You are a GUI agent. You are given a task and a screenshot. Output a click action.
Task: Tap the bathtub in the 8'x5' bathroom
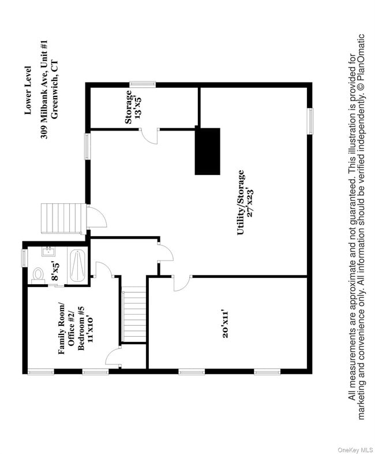pyautogui.click(x=77, y=266)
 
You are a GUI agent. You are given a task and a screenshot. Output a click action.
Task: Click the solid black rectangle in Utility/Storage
pyautogui.click(x=208, y=151)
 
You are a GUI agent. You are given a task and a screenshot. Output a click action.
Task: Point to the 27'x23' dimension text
pyautogui.click(x=250, y=202)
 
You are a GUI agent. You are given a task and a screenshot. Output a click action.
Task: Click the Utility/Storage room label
pyautogui.click(x=241, y=203)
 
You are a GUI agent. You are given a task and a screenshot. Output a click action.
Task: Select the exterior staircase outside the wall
pyautogui.click(x=63, y=218)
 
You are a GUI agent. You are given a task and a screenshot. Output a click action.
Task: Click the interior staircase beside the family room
pyautogui.click(x=134, y=317)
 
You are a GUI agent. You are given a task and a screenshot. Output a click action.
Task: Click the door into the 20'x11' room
pyautogui.click(x=182, y=283)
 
